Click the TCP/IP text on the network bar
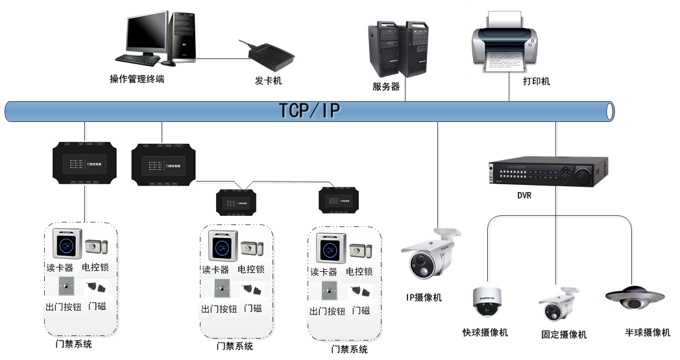click(310, 110)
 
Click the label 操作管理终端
click(137, 79)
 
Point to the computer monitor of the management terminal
click(147, 34)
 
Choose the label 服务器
click(386, 86)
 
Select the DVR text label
click(524, 195)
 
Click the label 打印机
click(537, 81)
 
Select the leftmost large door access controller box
click(84, 165)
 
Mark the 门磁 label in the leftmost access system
click(97, 306)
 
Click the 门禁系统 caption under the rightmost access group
click(349, 350)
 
